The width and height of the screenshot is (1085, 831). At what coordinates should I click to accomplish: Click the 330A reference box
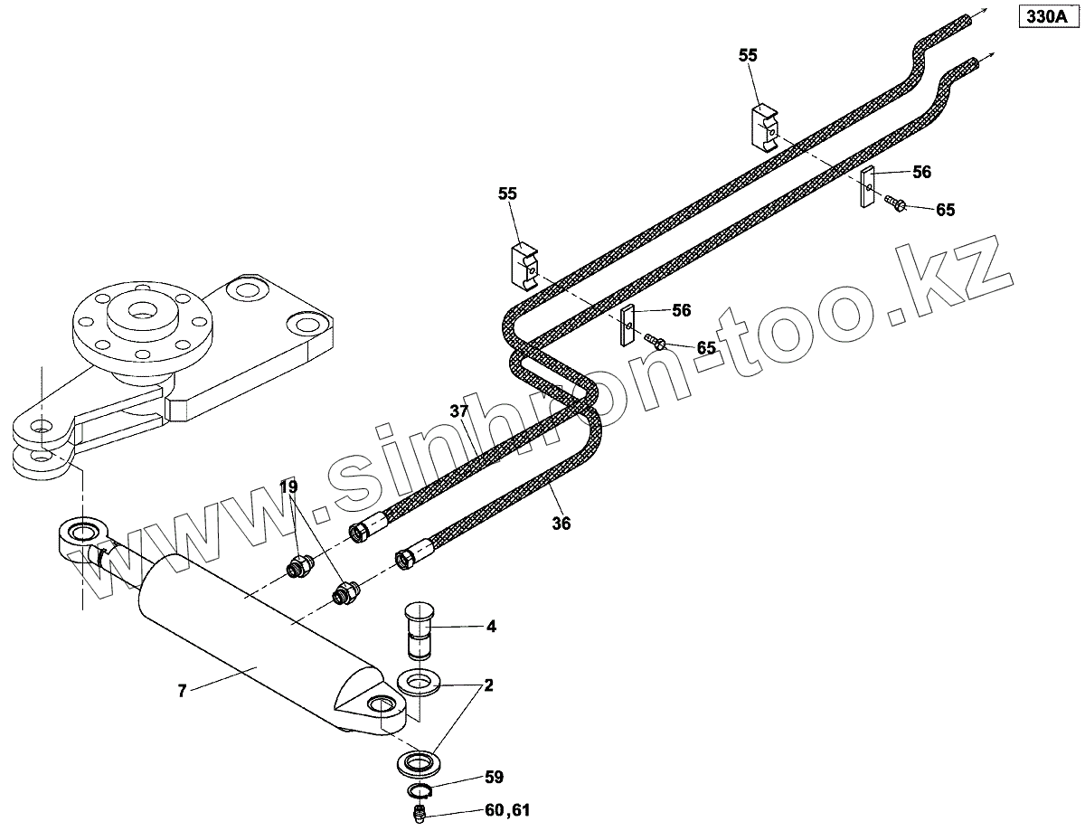pyautogui.click(x=1046, y=16)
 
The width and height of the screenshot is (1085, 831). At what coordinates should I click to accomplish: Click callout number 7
pyautogui.click(x=182, y=691)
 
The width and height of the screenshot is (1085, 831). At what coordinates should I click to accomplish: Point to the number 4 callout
pyautogui.click(x=490, y=626)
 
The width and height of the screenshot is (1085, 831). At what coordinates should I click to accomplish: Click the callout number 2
pyautogui.click(x=488, y=685)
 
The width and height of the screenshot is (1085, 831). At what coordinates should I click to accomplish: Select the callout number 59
pyautogui.click(x=493, y=777)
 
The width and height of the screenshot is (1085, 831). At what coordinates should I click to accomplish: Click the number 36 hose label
pyautogui.click(x=561, y=523)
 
